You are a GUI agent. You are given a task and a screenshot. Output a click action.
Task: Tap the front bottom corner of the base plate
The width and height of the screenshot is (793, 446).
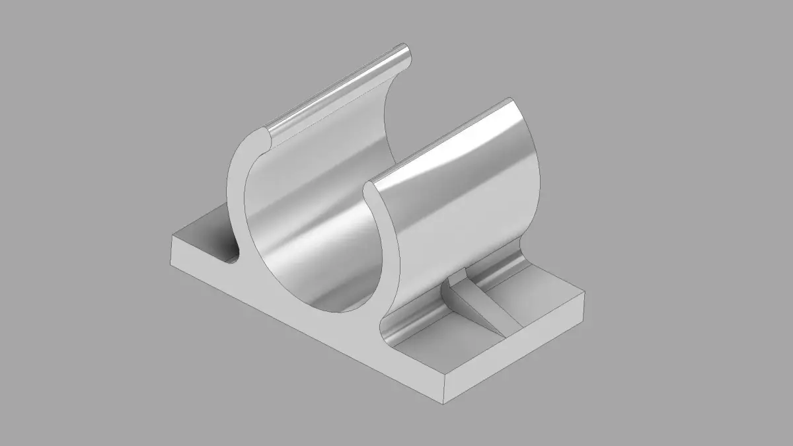pyautogui.click(x=442, y=402)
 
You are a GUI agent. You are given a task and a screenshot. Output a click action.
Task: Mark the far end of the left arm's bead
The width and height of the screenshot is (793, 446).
pyautogui.click(x=407, y=53)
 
